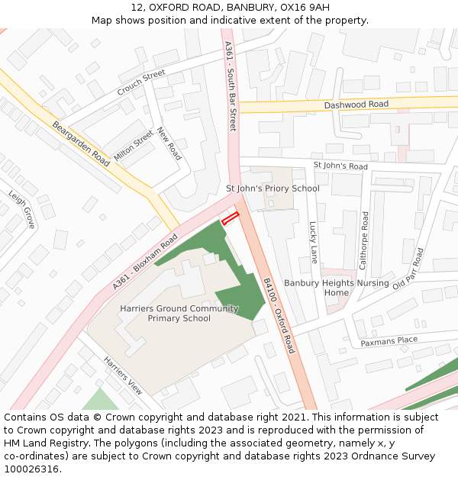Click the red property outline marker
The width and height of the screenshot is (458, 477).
(x=230, y=218)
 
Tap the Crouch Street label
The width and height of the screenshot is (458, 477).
(x=141, y=83)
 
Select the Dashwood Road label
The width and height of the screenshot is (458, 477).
(x=356, y=105)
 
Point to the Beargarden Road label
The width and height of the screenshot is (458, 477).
(x=81, y=143)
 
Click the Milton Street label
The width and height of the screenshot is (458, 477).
(x=134, y=145)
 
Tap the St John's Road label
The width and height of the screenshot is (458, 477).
(x=340, y=166)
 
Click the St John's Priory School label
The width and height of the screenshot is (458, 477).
(x=273, y=189)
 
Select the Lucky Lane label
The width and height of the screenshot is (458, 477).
(x=313, y=242)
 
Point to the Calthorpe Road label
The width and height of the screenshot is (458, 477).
(x=364, y=240)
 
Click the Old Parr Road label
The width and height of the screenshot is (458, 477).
(x=408, y=269)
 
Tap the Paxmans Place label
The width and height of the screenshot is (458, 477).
(x=389, y=340)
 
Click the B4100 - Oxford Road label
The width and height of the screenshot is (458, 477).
(x=279, y=314)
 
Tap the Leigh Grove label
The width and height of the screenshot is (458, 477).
(x=22, y=209)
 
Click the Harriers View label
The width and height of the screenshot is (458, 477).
(x=123, y=375)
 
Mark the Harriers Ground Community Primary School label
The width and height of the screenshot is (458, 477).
(x=179, y=314)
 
